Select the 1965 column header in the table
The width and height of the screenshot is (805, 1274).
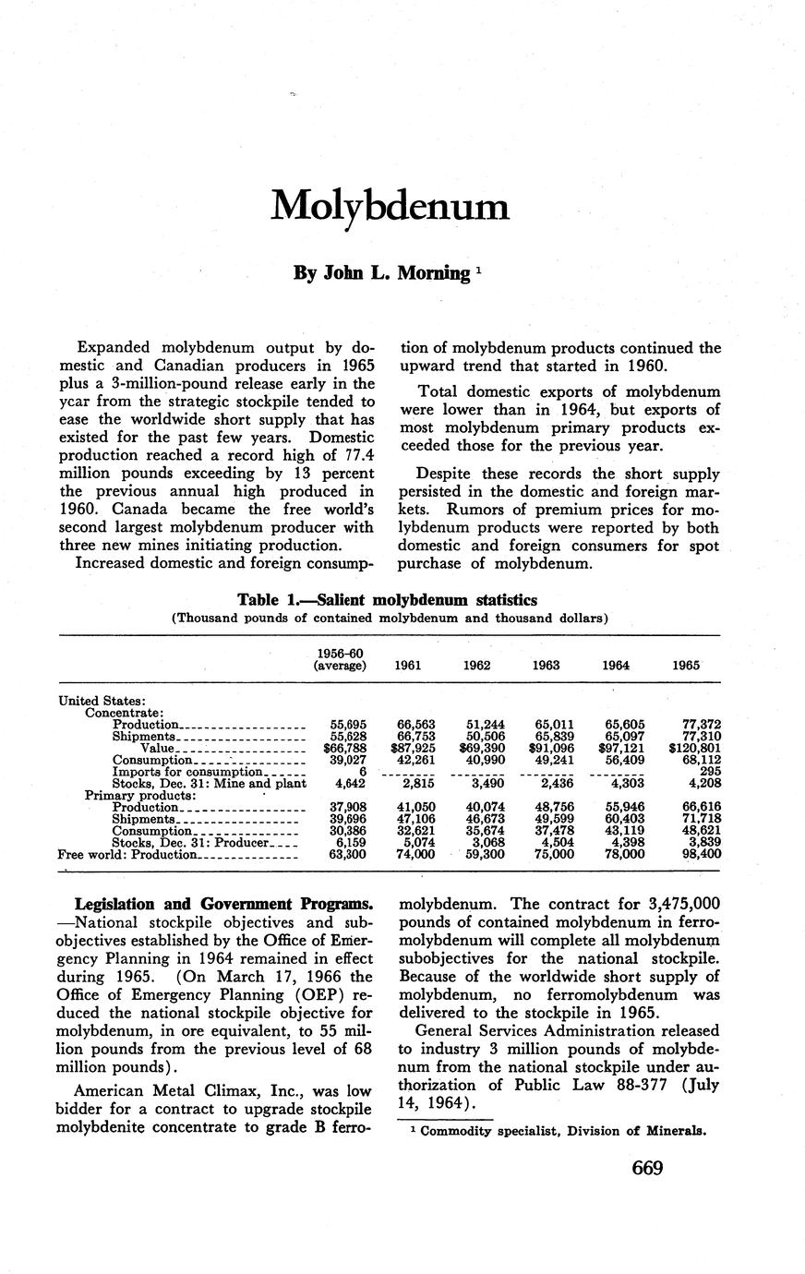[687, 665]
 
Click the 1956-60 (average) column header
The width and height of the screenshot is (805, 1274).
[340, 659]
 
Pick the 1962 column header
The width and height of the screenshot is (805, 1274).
[478, 665]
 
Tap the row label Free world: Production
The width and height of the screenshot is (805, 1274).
[128, 855]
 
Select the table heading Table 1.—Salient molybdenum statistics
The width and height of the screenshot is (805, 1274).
[388, 600]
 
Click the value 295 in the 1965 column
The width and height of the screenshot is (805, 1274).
[708, 772]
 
